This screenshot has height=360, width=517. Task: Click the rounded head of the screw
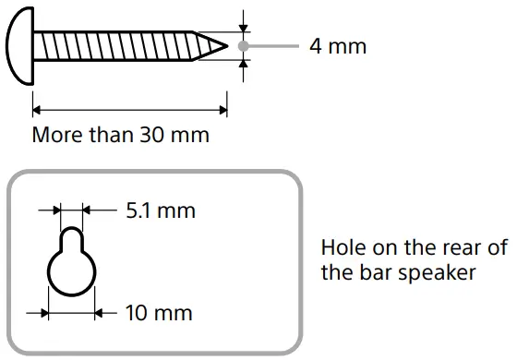pos(19,44)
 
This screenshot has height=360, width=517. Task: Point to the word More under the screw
pos(57,135)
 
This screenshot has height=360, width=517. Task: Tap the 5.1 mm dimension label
pos(161,210)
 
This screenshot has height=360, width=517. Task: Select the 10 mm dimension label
pos(159,313)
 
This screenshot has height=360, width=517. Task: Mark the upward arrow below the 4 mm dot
pos(244,65)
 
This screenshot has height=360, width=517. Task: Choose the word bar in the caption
pos(379,273)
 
